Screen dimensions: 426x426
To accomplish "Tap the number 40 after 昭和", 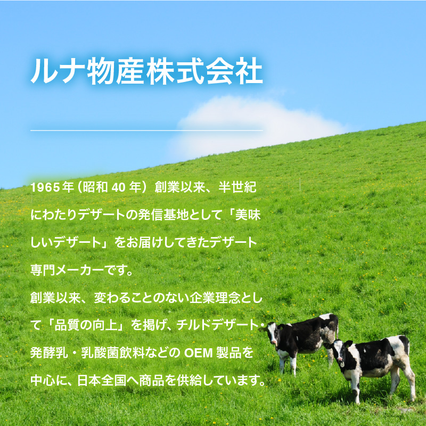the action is [118, 187].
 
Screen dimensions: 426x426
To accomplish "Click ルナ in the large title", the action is [58, 71].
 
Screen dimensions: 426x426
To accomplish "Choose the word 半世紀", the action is [237, 187].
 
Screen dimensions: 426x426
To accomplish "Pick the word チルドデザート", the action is [217, 325].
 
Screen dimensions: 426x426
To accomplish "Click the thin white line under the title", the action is [147, 130].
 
